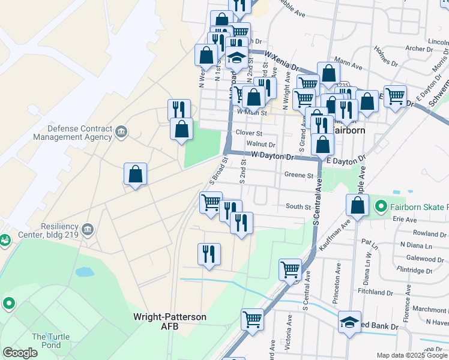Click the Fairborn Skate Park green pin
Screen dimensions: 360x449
point(380,208)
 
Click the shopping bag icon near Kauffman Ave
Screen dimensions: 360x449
point(357,205)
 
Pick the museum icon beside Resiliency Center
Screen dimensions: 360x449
point(88,229)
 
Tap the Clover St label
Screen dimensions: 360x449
point(249,133)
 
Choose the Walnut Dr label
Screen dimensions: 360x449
point(261,145)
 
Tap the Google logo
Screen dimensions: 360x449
point(19,353)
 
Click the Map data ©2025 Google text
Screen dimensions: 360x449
point(411,355)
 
